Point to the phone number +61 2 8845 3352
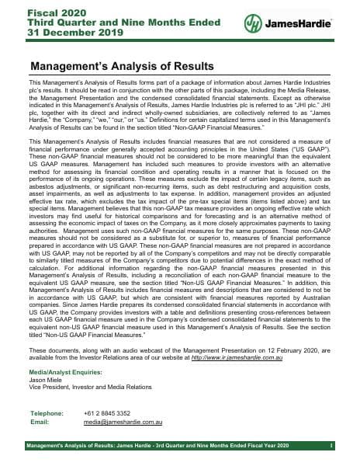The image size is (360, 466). point(106,413)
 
